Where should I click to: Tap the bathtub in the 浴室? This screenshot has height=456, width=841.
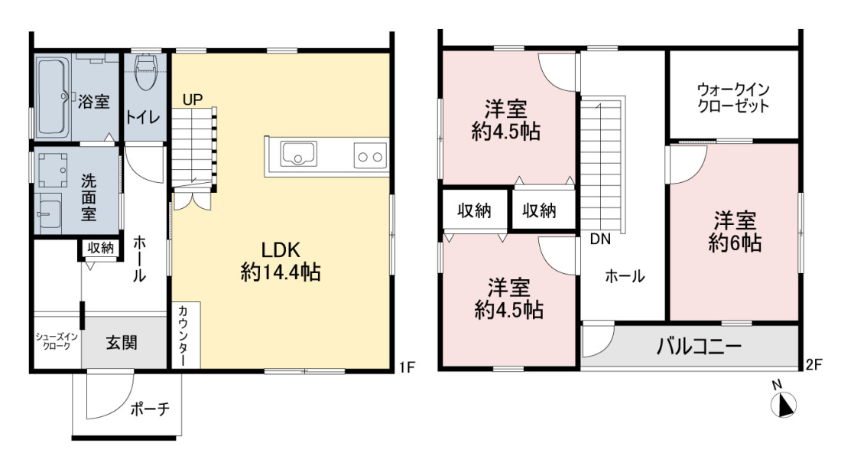point(53,96)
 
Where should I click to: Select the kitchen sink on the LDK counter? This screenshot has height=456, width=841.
point(299,154)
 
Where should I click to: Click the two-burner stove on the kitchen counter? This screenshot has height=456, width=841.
point(370,156)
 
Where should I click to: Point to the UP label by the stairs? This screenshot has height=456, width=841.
point(193,99)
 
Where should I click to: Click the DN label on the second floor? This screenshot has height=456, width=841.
point(600,239)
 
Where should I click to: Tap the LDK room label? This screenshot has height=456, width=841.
point(280,250)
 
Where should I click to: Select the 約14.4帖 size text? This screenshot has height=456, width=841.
point(281,272)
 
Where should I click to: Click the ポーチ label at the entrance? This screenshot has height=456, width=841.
point(150,409)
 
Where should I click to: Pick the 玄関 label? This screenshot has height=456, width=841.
point(122,342)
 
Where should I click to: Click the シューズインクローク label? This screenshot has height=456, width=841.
point(57,341)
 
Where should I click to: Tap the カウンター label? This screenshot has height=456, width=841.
point(183,335)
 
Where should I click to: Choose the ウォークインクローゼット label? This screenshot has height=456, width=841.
point(733,98)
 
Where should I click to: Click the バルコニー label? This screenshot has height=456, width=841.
point(699,347)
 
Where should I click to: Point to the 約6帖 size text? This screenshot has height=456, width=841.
point(735,243)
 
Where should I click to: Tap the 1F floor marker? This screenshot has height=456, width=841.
point(407,367)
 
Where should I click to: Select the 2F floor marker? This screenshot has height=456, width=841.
point(813,365)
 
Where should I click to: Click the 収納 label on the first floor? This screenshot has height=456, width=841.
point(101,248)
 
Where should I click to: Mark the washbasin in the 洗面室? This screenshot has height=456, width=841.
point(50,213)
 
